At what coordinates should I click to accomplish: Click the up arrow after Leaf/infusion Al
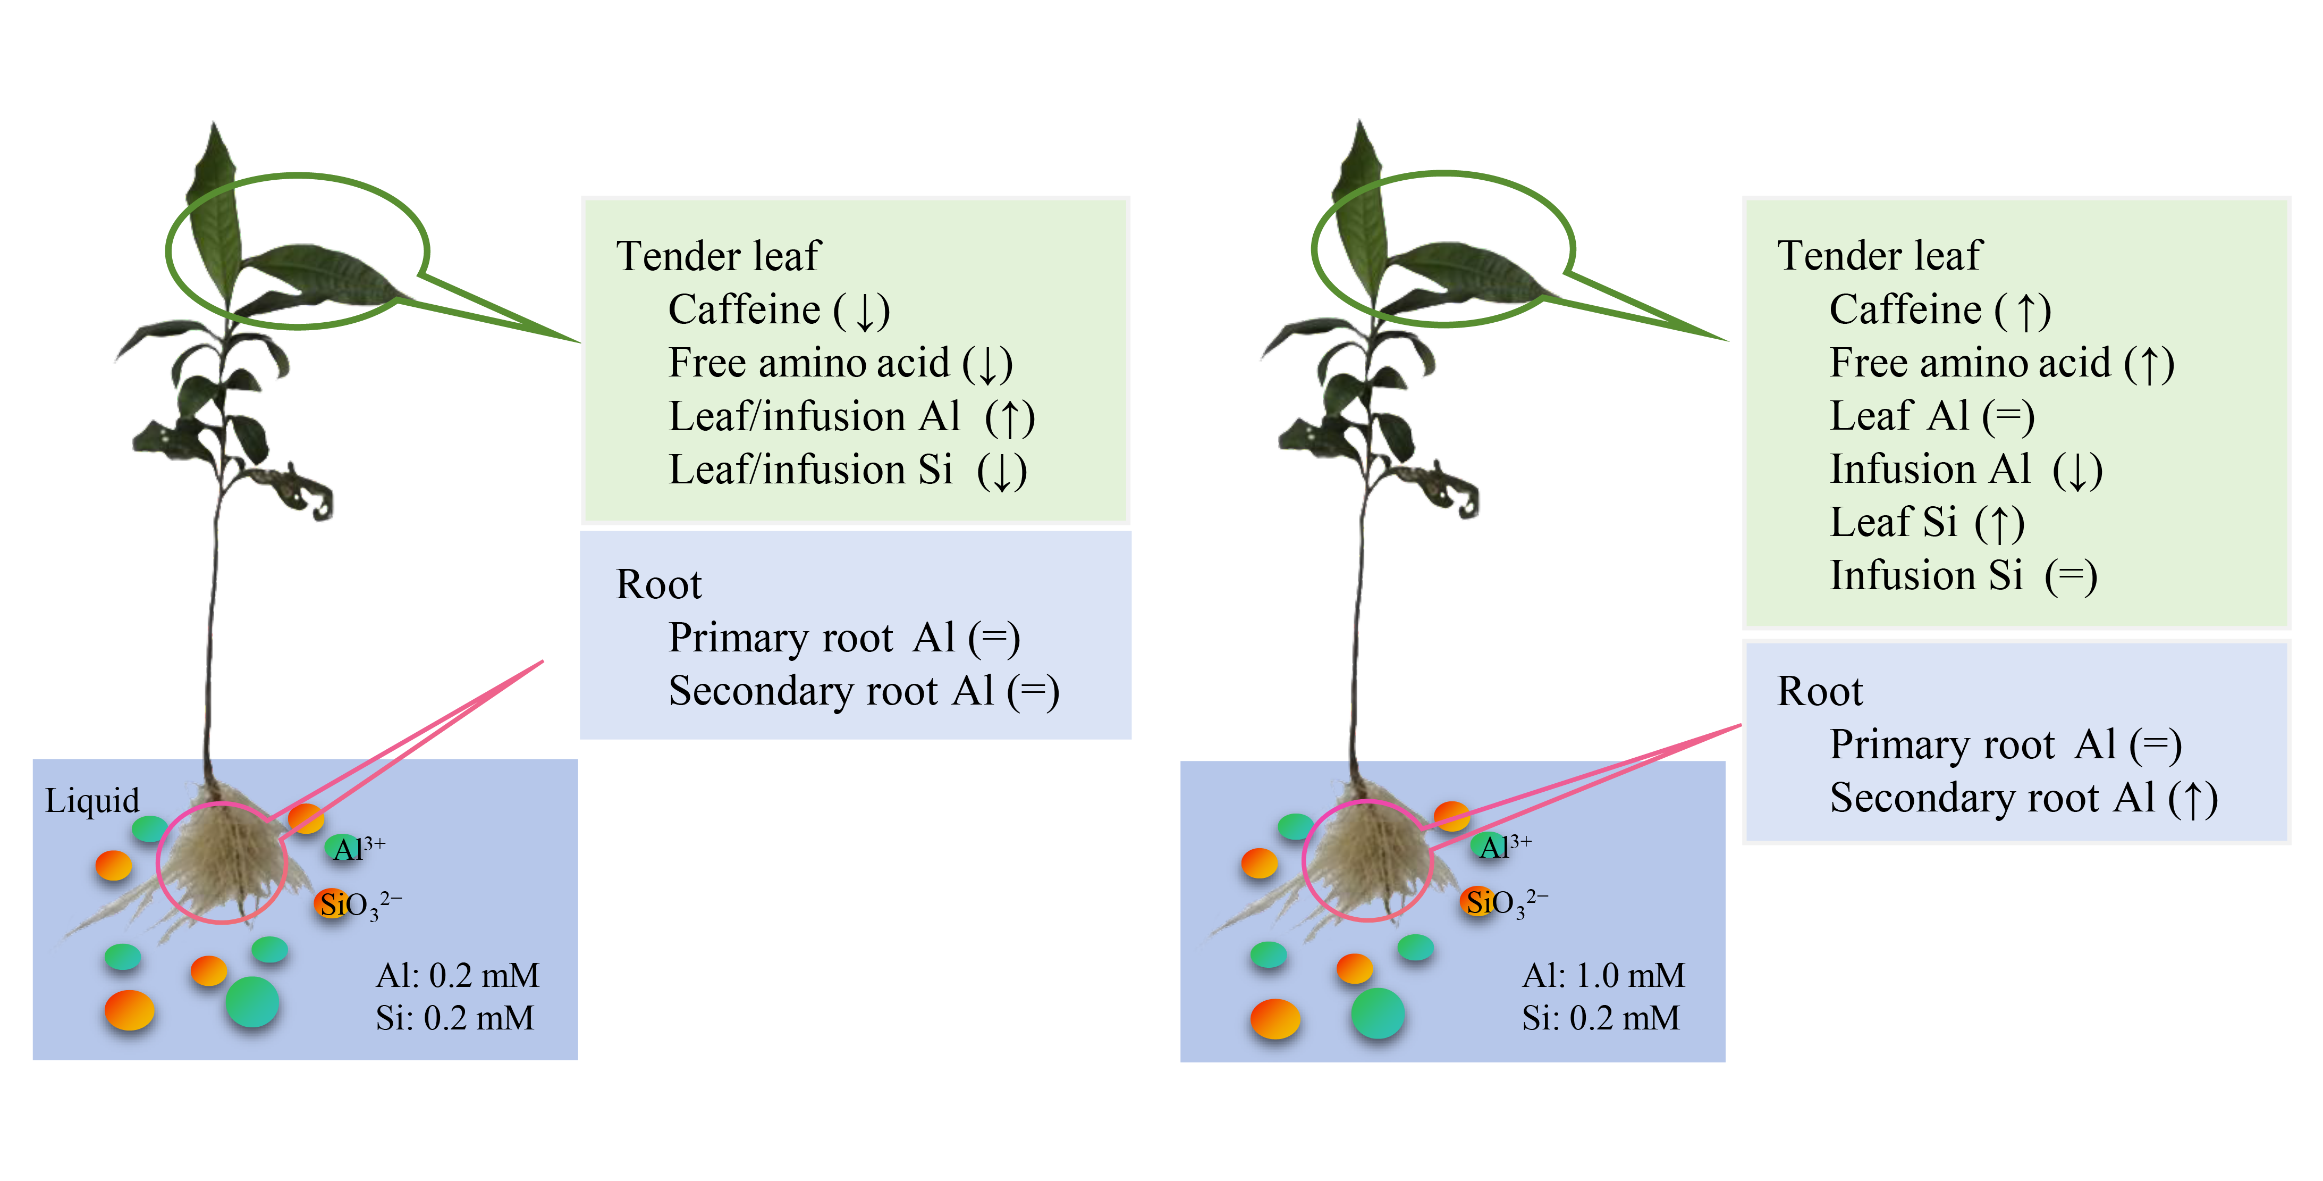click(x=1010, y=418)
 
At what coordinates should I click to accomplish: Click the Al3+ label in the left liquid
click(x=358, y=848)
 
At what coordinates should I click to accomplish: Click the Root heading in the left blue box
click(x=658, y=584)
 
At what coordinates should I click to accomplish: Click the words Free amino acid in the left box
click(x=809, y=364)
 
